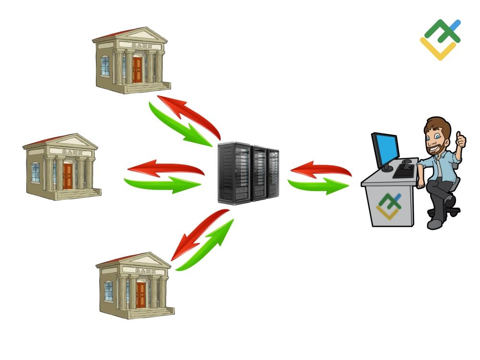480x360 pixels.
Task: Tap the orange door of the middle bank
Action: pos(67,176)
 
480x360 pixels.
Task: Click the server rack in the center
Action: pos(248,171)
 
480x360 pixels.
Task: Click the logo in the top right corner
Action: pos(440,39)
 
